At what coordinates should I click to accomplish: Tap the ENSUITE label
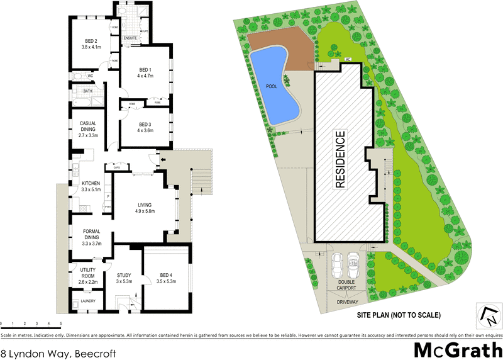pyautogui.click(x=130, y=38)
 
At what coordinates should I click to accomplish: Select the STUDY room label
pyautogui.click(x=123, y=278)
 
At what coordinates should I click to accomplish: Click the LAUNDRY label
pyautogui.click(x=87, y=301)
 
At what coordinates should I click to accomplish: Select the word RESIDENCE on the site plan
pyautogui.click(x=340, y=160)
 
